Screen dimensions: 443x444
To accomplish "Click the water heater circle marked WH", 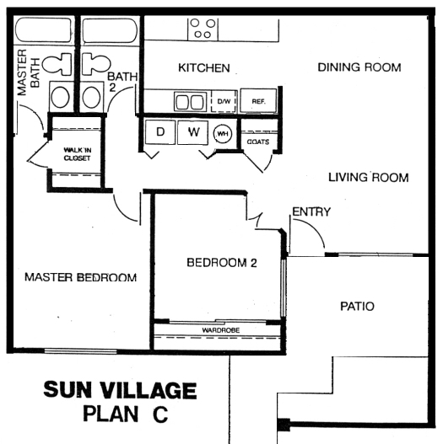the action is tap(223, 134).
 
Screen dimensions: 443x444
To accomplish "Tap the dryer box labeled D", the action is tap(160, 132).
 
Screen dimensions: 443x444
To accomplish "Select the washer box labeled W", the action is tap(193, 132).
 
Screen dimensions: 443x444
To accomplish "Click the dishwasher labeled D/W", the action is tap(224, 101).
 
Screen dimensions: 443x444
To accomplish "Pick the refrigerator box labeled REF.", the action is tap(258, 101).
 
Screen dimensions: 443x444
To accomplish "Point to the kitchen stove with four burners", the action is tap(203, 29).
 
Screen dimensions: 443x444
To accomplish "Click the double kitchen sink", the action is tap(191, 101).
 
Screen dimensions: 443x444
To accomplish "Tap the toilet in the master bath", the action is tap(57, 64).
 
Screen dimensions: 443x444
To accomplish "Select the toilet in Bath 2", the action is tap(96, 64).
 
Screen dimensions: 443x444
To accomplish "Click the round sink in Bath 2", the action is tap(91, 97).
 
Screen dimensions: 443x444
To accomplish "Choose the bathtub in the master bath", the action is tap(43, 30).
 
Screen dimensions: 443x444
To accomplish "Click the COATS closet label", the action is tap(258, 142).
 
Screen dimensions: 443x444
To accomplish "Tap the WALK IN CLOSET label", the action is tap(77, 154).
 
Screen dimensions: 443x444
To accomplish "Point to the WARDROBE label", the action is tap(221, 330).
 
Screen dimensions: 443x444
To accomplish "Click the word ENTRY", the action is tap(311, 211).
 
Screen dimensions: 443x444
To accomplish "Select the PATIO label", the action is tap(357, 307).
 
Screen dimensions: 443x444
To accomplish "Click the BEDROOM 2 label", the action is tap(222, 263).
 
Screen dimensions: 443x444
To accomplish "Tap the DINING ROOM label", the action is tap(359, 67).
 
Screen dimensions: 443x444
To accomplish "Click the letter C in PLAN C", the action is tap(160, 414).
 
